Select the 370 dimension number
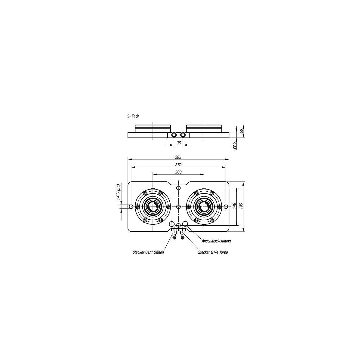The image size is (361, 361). (178, 165)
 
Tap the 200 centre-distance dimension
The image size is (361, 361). (178, 172)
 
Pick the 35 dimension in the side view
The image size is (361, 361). (179, 143)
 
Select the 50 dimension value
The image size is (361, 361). (242, 131)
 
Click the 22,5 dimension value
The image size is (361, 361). (234, 145)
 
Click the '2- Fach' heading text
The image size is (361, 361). (133, 116)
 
